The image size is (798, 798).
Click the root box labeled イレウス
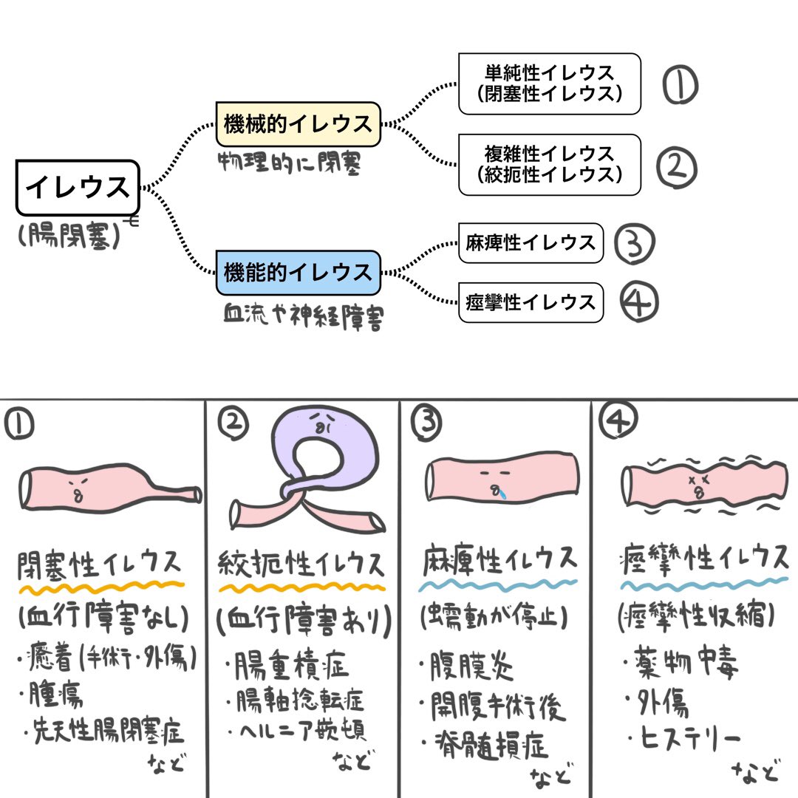(78, 188)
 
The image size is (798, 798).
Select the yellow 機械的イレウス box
(298, 124)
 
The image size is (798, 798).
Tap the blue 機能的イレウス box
(298, 273)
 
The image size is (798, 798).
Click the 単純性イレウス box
(549, 83)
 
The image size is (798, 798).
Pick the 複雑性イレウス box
(549, 164)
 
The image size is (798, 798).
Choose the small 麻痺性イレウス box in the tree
(531, 243)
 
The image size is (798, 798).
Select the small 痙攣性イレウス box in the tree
(531, 301)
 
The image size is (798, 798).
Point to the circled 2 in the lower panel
(233, 423)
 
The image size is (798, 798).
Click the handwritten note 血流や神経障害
(303, 318)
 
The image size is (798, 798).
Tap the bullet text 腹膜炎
(473, 667)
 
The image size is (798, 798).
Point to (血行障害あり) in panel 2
(303, 622)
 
